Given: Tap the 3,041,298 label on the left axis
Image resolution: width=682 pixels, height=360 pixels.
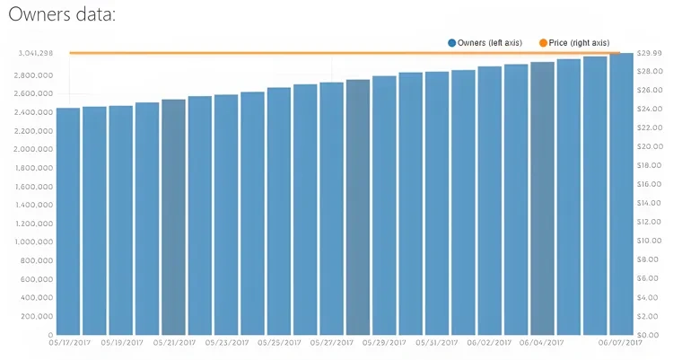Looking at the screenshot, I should (35, 53).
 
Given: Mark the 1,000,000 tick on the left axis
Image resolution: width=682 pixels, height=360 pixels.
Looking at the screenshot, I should (35, 241).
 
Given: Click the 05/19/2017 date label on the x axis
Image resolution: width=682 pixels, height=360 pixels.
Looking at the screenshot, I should (121, 342).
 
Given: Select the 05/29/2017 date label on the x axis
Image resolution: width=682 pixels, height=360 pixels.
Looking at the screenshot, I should (384, 342).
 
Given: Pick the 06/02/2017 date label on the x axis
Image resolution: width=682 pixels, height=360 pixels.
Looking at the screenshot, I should (489, 342).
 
